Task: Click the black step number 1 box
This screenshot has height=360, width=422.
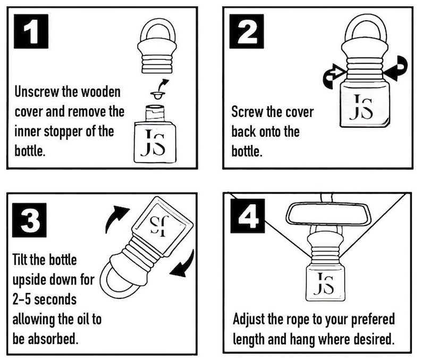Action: [x=31, y=31]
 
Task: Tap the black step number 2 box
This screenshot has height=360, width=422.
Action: [x=247, y=31]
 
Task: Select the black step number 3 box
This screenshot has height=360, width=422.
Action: [x=29, y=220]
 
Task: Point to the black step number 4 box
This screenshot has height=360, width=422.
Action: [x=248, y=216]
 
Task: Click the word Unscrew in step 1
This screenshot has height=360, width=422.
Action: [x=36, y=92]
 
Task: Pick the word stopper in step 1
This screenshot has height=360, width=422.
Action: [x=63, y=132]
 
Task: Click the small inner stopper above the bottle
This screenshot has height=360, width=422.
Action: [x=158, y=95]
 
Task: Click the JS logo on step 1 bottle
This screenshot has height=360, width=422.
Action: [x=153, y=143]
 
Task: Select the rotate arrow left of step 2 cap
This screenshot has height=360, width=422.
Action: [x=333, y=77]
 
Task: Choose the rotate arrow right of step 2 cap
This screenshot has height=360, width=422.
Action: [x=396, y=68]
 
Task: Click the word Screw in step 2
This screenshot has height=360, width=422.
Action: [x=247, y=112]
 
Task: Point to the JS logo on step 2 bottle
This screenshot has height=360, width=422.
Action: [x=361, y=107]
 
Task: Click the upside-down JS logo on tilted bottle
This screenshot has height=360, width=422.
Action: [x=159, y=225]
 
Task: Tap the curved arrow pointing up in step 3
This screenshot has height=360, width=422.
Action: [x=115, y=217]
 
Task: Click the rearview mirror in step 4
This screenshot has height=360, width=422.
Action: [x=328, y=214]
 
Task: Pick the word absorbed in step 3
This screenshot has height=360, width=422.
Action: [x=53, y=339]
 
